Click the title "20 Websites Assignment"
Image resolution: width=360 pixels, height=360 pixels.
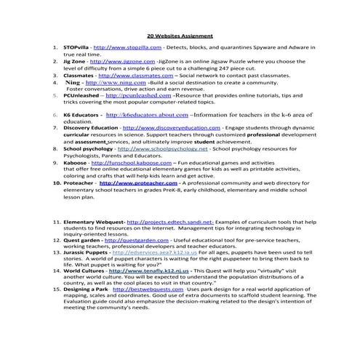[x=180, y=34]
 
